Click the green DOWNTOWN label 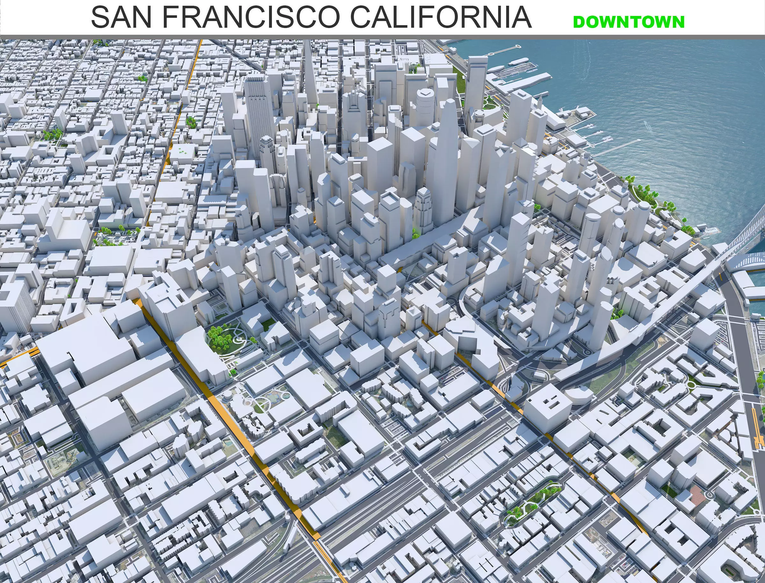pyautogui.click(x=629, y=22)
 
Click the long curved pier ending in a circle pyautogui.click(x=504, y=50)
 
